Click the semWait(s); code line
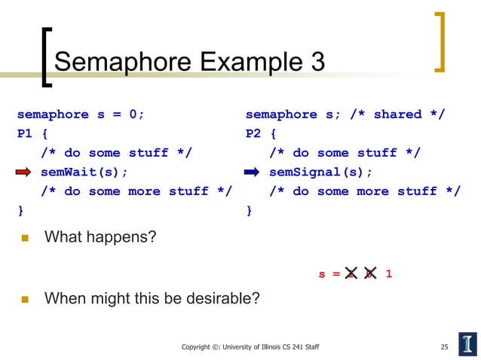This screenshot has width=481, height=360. (84, 172)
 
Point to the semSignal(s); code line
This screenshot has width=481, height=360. (321, 172)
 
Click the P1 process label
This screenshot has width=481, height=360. (26, 134)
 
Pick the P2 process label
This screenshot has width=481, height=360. (254, 134)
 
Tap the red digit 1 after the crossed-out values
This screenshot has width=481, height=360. (388, 274)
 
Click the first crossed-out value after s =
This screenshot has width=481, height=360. (351, 274)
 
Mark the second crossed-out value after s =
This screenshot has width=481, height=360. (369, 274)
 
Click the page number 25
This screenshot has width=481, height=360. (444, 347)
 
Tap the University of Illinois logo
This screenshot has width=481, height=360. (467, 343)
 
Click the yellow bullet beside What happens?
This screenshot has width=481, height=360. (23, 239)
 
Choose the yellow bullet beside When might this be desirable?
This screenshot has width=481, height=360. (23, 300)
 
